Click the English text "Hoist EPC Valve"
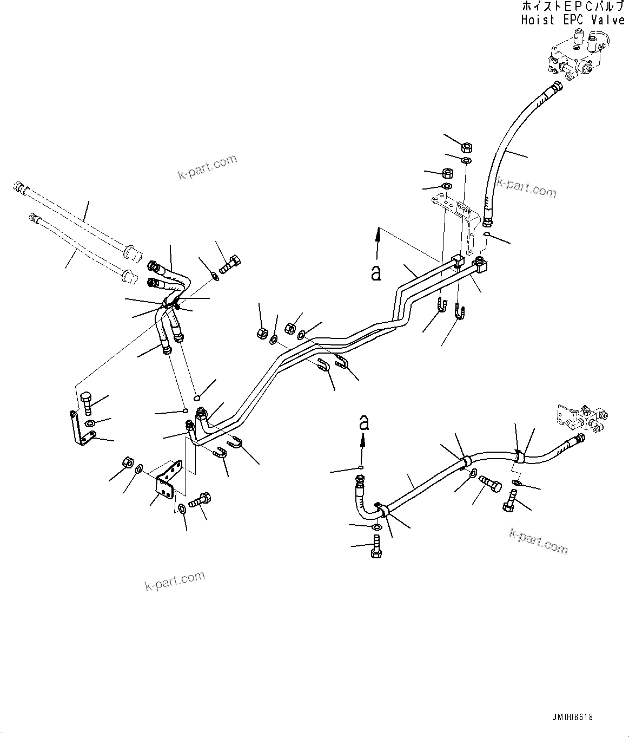pos(573,21)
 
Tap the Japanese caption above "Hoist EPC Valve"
pos(573,7)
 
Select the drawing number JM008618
pos(572,717)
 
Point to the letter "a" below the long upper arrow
pos(376,272)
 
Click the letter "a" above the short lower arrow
pos(364,422)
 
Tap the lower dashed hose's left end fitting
pos(35,218)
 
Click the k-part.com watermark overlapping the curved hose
pos(526,188)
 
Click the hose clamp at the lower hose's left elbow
pos(383,509)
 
